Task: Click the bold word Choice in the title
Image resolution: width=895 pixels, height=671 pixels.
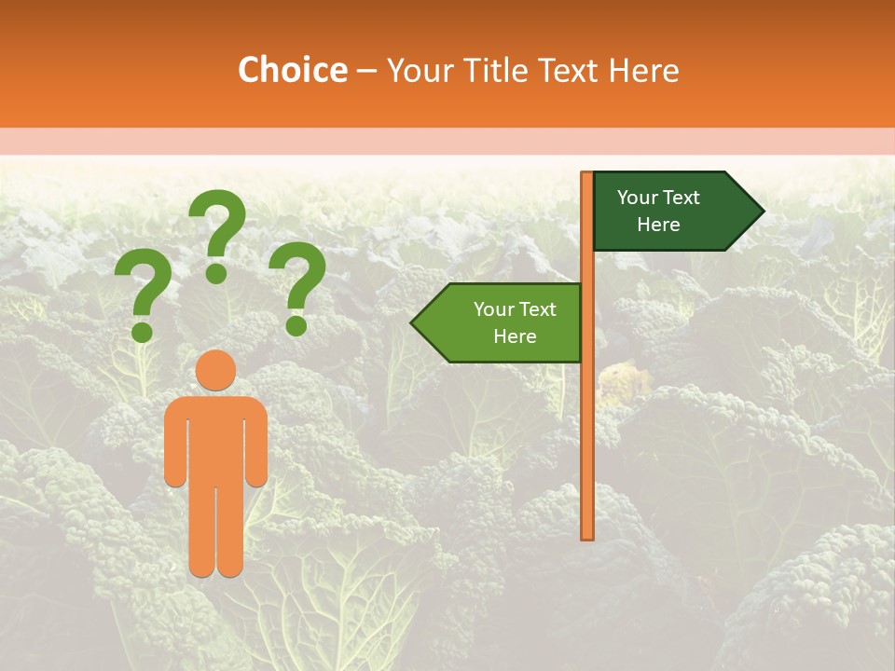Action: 293,71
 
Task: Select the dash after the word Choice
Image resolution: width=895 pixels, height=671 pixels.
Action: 366,72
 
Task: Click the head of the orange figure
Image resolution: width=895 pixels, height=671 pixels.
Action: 216,371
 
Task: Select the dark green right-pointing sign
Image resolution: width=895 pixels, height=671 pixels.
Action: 671,211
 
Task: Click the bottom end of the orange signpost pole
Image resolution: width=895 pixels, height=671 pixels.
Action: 587,535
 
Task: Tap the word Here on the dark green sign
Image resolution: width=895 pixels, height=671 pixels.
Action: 658,225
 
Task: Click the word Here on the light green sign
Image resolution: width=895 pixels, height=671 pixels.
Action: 515,336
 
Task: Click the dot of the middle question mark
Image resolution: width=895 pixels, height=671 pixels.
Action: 216,273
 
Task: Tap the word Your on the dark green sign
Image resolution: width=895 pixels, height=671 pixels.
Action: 638,198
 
